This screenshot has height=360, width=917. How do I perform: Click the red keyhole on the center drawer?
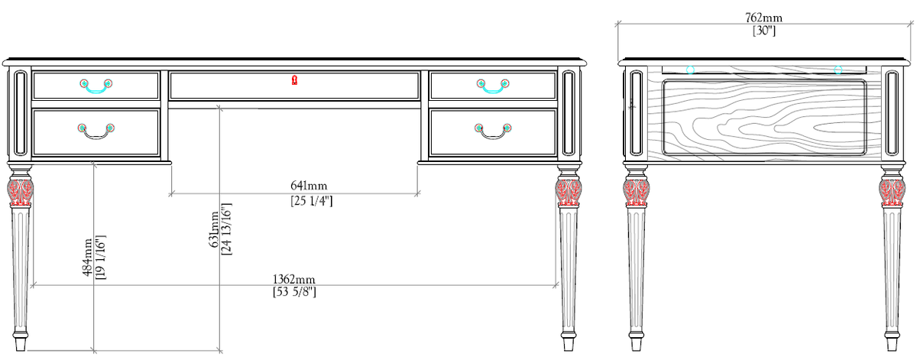click(x=294, y=79)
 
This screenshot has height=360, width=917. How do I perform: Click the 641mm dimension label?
click(x=309, y=186)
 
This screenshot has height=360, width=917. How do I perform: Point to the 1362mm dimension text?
click(x=294, y=279)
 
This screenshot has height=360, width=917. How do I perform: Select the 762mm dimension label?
click(x=764, y=18)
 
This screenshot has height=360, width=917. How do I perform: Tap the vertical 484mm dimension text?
click(x=88, y=258)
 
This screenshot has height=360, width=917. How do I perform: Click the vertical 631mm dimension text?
click(x=214, y=229)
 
